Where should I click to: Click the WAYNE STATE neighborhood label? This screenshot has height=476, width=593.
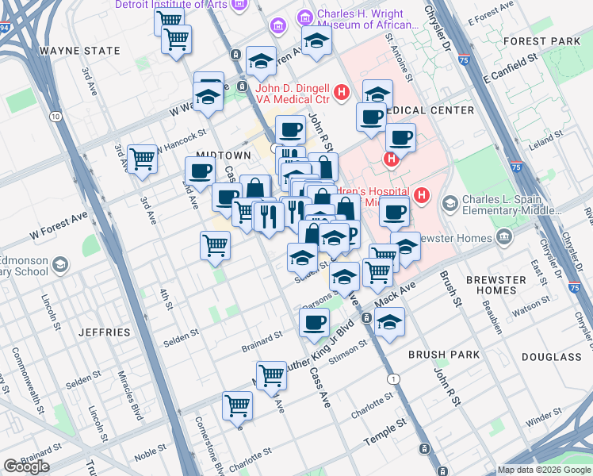(x=79, y=51)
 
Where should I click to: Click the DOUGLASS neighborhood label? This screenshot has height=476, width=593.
(x=553, y=357)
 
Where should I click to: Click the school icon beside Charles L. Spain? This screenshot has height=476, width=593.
(x=450, y=205)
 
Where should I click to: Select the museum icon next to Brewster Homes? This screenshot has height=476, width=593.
(x=504, y=236)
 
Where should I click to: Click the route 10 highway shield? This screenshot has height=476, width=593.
(x=55, y=117)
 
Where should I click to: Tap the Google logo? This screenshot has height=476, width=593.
(x=26, y=466)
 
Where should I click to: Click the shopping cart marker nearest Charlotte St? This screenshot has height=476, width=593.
(x=238, y=405)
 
